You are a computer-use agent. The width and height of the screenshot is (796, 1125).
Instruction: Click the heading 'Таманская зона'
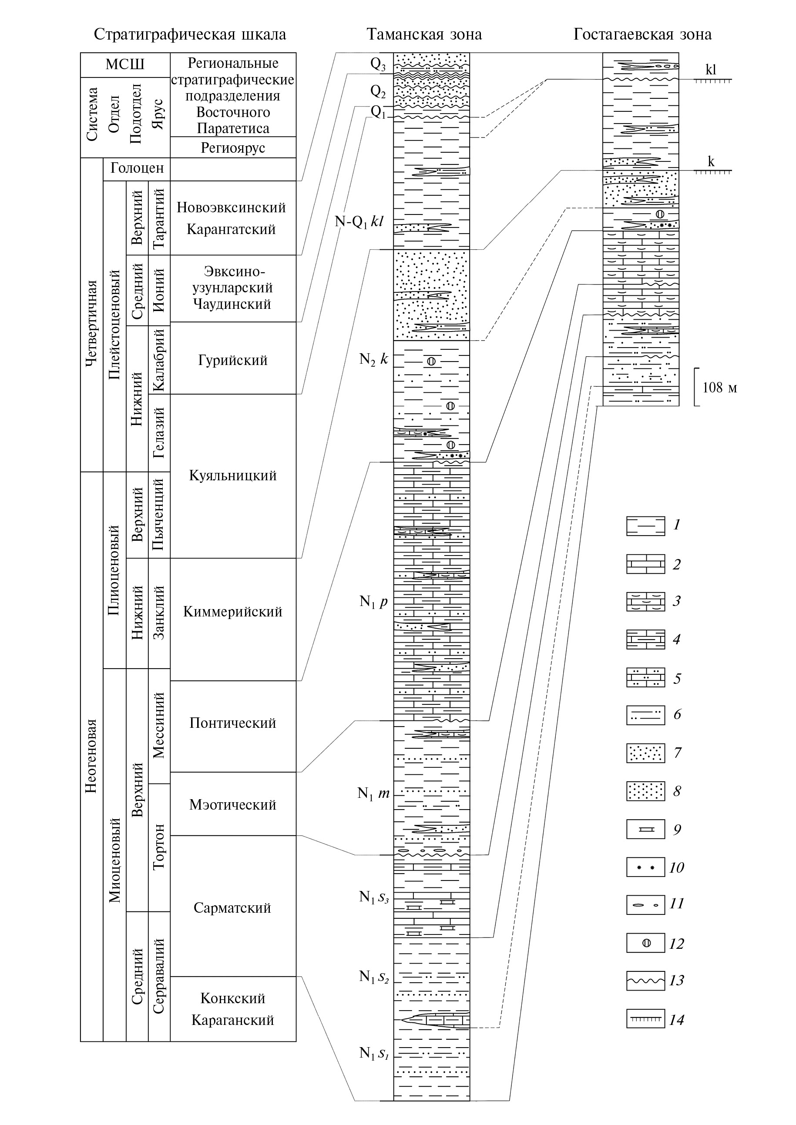pos(424,34)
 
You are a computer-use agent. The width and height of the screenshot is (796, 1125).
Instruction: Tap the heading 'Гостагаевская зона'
pos(642,34)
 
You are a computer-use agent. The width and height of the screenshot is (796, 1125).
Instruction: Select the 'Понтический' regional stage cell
pos(233,723)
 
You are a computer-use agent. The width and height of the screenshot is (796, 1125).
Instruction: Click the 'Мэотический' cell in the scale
pos(233,804)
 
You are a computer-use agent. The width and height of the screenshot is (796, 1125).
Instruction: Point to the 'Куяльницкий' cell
pos(233,475)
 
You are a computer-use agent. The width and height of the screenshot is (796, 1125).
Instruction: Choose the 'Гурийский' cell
pos(233,360)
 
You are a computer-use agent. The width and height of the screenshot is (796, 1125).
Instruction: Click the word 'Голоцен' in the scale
pos(137,168)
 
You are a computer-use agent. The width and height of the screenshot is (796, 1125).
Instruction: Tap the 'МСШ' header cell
pos(125,65)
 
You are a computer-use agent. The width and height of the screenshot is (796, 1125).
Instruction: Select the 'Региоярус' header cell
pos(233,147)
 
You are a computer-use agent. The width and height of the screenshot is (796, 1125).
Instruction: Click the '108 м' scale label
pos(719,388)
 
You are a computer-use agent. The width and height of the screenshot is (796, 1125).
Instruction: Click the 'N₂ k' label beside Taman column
pos(373,359)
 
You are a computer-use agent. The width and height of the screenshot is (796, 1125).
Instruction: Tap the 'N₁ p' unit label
pos(373,601)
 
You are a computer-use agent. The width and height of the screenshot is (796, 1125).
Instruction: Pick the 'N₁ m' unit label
pos(373,793)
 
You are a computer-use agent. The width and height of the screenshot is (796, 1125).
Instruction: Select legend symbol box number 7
pos(645,753)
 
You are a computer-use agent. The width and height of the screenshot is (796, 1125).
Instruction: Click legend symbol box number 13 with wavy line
pos(645,981)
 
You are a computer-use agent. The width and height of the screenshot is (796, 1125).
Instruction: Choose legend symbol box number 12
pos(645,943)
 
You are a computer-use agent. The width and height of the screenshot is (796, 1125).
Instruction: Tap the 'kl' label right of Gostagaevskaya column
pos(711,70)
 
